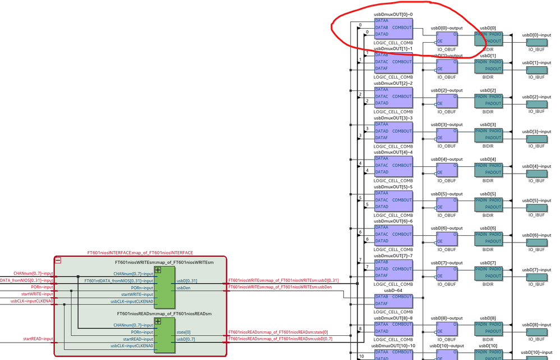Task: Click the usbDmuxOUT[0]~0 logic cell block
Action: tap(393, 28)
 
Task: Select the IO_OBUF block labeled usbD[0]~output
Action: tap(446, 37)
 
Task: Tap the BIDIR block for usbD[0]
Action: tap(489, 37)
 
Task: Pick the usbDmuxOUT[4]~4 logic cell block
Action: tap(393, 166)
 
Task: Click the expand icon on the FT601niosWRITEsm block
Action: tap(158, 270)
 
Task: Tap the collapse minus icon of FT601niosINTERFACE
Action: tap(58, 261)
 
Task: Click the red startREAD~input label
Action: tap(38, 339)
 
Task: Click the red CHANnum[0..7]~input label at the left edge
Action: tap(33, 274)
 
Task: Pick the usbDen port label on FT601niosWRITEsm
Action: tap(183, 287)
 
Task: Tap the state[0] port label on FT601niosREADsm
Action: tap(183, 332)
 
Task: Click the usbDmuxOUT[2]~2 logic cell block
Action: tap(393, 97)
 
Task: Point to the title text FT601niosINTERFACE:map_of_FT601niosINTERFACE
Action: tap(140, 253)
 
